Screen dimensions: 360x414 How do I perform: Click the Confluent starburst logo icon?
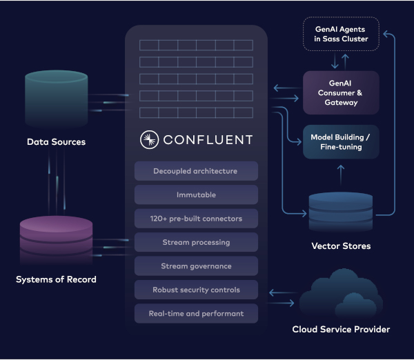[x=148, y=140]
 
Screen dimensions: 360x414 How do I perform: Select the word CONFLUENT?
[x=208, y=140]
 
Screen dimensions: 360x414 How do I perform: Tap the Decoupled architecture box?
[x=196, y=171]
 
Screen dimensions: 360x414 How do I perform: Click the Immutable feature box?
[x=196, y=195]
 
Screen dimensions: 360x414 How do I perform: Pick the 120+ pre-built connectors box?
[x=196, y=219]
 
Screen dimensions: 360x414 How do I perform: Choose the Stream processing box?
[x=196, y=242]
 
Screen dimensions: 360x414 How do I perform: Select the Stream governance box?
[x=196, y=266]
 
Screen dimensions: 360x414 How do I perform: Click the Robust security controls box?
[x=196, y=290]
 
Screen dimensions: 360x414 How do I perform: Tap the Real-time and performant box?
[x=196, y=314]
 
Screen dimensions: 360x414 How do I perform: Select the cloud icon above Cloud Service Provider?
[x=340, y=294]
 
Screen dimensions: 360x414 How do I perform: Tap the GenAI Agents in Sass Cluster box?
[x=341, y=33]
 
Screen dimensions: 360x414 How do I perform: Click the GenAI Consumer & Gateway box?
[x=341, y=92]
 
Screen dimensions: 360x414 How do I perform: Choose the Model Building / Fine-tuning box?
[x=341, y=142]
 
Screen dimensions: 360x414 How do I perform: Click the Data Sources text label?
[x=56, y=142]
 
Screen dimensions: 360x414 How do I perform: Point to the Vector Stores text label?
[x=342, y=246]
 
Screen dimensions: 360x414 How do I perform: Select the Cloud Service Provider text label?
[x=341, y=330]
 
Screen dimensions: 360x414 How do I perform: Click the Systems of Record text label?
[x=56, y=279]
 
